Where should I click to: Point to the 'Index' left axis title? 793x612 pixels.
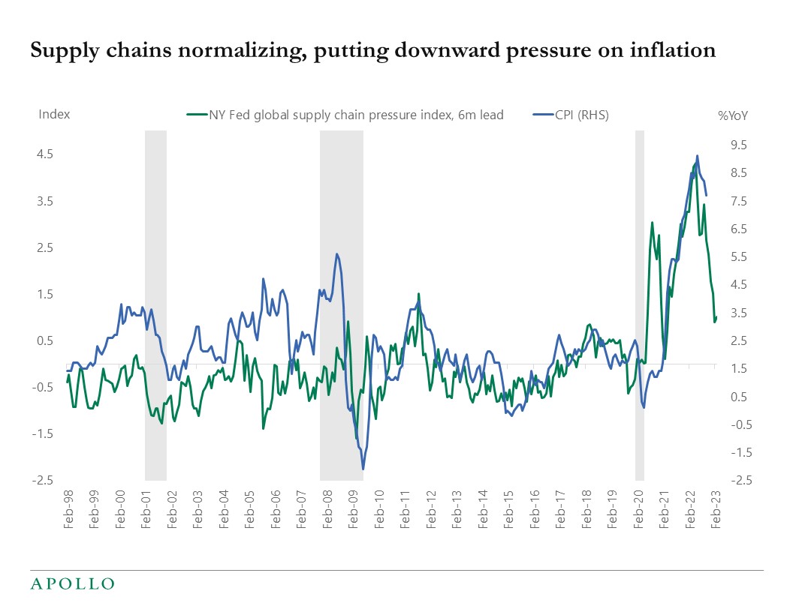pyautogui.click(x=54, y=114)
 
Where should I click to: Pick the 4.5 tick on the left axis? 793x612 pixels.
pyautogui.click(x=44, y=154)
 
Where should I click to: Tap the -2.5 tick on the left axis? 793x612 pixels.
pyautogui.click(x=43, y=481)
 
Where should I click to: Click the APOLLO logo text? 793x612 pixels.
pyautogui.click(x=72, y=583)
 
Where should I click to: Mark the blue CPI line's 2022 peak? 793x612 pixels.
pyautogui.click(x=698, y=156)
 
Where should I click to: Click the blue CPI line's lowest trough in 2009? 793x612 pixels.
pyautogui.click(x=363, y=469)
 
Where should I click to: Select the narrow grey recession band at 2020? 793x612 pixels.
pyautogui.click(x=640, y=300)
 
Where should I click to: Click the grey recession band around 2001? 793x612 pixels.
pyautogui.click(x=155, y=300)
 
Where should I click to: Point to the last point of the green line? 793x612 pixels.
pyautogui.click(x=716, y=317)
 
